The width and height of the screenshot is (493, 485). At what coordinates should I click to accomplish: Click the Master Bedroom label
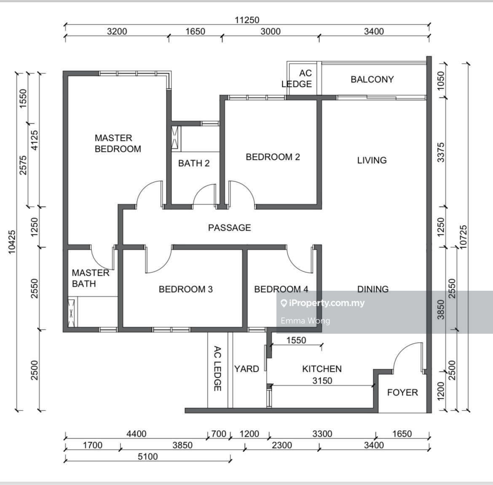[118, 143]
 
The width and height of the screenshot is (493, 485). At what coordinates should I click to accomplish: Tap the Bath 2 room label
[193, 163]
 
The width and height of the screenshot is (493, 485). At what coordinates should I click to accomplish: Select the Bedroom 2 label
[273, 157]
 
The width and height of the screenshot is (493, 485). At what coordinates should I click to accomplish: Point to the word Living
[372, 160]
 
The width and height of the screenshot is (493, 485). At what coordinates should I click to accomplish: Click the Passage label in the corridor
[229, 228]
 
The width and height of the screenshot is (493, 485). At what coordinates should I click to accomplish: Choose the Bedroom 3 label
[185, 289]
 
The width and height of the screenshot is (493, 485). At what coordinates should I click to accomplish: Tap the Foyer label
[402, 392]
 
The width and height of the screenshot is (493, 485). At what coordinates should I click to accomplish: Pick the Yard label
[246, 369]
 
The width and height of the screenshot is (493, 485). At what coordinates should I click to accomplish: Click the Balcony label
[372, 79]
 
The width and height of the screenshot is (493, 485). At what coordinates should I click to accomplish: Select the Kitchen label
[322, 369]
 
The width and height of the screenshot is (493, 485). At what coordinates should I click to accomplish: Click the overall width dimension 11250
[247, 20]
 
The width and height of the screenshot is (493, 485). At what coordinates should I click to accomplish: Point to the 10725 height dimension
[464, 238]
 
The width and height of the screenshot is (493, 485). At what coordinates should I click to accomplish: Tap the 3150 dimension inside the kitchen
[322, 380]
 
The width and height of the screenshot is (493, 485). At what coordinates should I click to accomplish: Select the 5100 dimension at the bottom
[147, 456]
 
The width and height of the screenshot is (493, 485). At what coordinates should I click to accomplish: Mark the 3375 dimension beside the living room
[441, 153]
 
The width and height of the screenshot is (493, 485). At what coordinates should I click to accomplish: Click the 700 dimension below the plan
[218, 434]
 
